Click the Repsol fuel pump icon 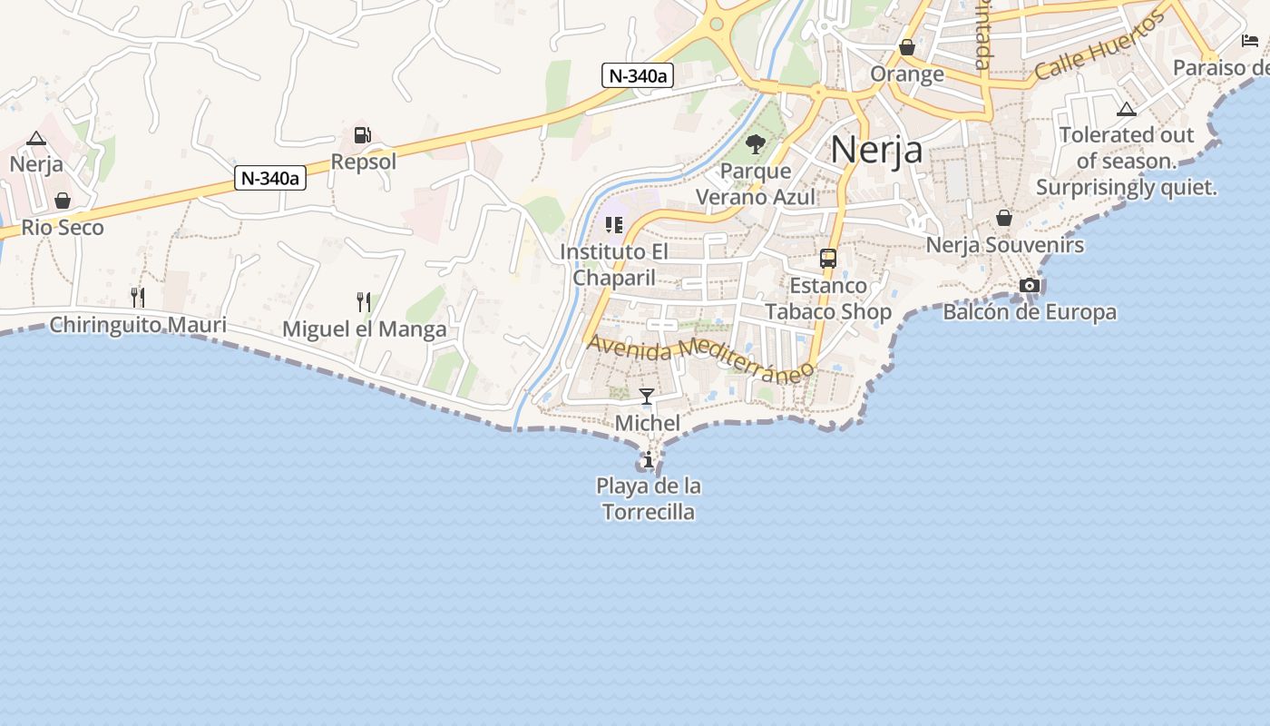pyautogui.click(x=362, y=135)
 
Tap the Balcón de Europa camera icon pyautogui.click(x=1030, y=285)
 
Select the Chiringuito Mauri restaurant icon pyautogui.click(x=138, y=297)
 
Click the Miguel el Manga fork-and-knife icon pyautogui.click(x=364, y=301)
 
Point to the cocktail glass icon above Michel pyautogui.click(x=647, y=396)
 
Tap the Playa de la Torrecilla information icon pyautogui.click(x=648, y=460)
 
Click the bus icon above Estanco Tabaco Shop pyautogui.click(x=828, y=258)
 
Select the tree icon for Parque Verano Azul pyautogui.click(x=755, y=143)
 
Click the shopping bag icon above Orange pyautogui.click(x=907, y=47)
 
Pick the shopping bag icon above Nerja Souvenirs pyautogui.click(x=1004, y=218)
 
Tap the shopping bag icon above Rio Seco pyautogui.click(x=63, y=200)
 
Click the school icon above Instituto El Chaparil pyautogui.click(x=614, y=224)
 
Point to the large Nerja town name pyautogui.click(x=876, y=150)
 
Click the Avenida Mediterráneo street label pyautogui.click(x=701, y=357)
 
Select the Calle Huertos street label pyautogui.click(x=1099, y=47)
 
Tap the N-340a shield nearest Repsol pyautogui.click(x=270, y=179)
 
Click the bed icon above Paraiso pyautogui.click(x=1250, y=41)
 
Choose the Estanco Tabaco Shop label pyautogui.click(x=828, y=299)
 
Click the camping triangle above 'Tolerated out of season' pyautogui.click(x=1127, y=110)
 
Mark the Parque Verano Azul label pyautogui.click(x=756, y=184)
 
